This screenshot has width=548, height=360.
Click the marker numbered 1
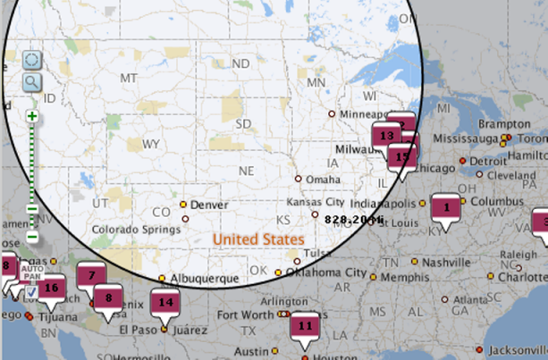coord(444,206)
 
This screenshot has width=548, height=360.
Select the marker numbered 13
coord(386,136)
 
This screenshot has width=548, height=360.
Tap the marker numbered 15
coord(402,156)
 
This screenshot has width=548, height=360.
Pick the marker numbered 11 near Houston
coord(305,326)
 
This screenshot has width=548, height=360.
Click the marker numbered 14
coord(164,302)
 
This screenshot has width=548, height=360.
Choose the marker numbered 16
coord(51,287)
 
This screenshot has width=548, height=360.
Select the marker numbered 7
coord(91,275)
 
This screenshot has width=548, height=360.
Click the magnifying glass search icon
coord(32,82)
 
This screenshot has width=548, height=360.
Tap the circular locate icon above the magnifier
coord(32,61)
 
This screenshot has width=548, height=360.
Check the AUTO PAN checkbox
coord(30,291)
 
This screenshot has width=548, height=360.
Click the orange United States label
coord(258,239)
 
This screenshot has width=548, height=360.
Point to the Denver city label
coord(211,205)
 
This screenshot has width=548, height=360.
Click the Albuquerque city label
coord(205,279)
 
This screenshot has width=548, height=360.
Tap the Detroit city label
coord(488,161)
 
